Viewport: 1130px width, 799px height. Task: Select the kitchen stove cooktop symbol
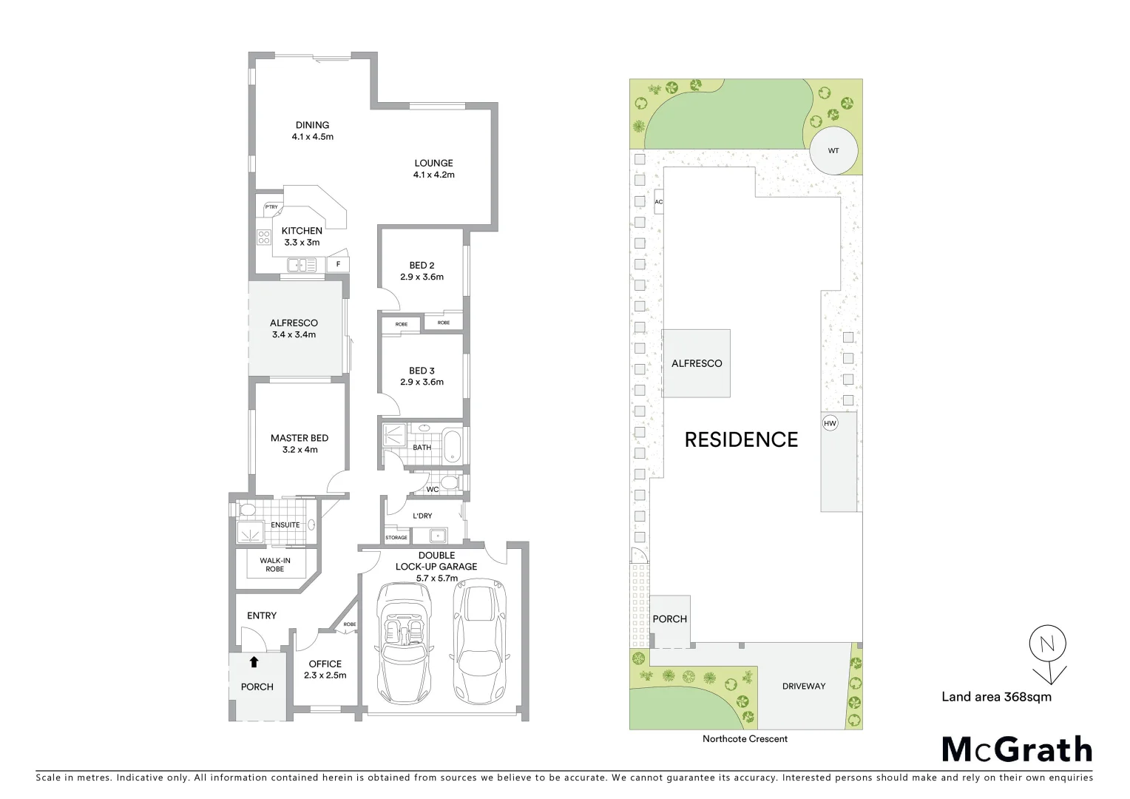[x=264, y=237]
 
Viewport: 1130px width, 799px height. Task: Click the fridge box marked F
[x=338, y=263]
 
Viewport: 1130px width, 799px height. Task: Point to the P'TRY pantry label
[x=271, y=207]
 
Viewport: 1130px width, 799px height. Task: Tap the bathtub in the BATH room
[x=452, y=447]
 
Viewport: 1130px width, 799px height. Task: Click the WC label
[x=433, y=489]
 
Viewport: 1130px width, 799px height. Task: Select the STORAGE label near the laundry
[x=396, y=537]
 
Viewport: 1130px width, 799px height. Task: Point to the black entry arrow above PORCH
[x=254, y=662]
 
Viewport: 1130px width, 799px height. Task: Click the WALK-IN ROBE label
[x=275, y=564]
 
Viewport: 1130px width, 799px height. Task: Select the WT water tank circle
[x=833, y=151]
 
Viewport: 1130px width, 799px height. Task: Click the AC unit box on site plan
[x=658, y=202]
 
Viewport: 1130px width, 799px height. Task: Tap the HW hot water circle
[x=830, y=423]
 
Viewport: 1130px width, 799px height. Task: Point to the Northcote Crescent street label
[x=745, y=738]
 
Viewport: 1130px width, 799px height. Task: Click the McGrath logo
[x=1017, y=749]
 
